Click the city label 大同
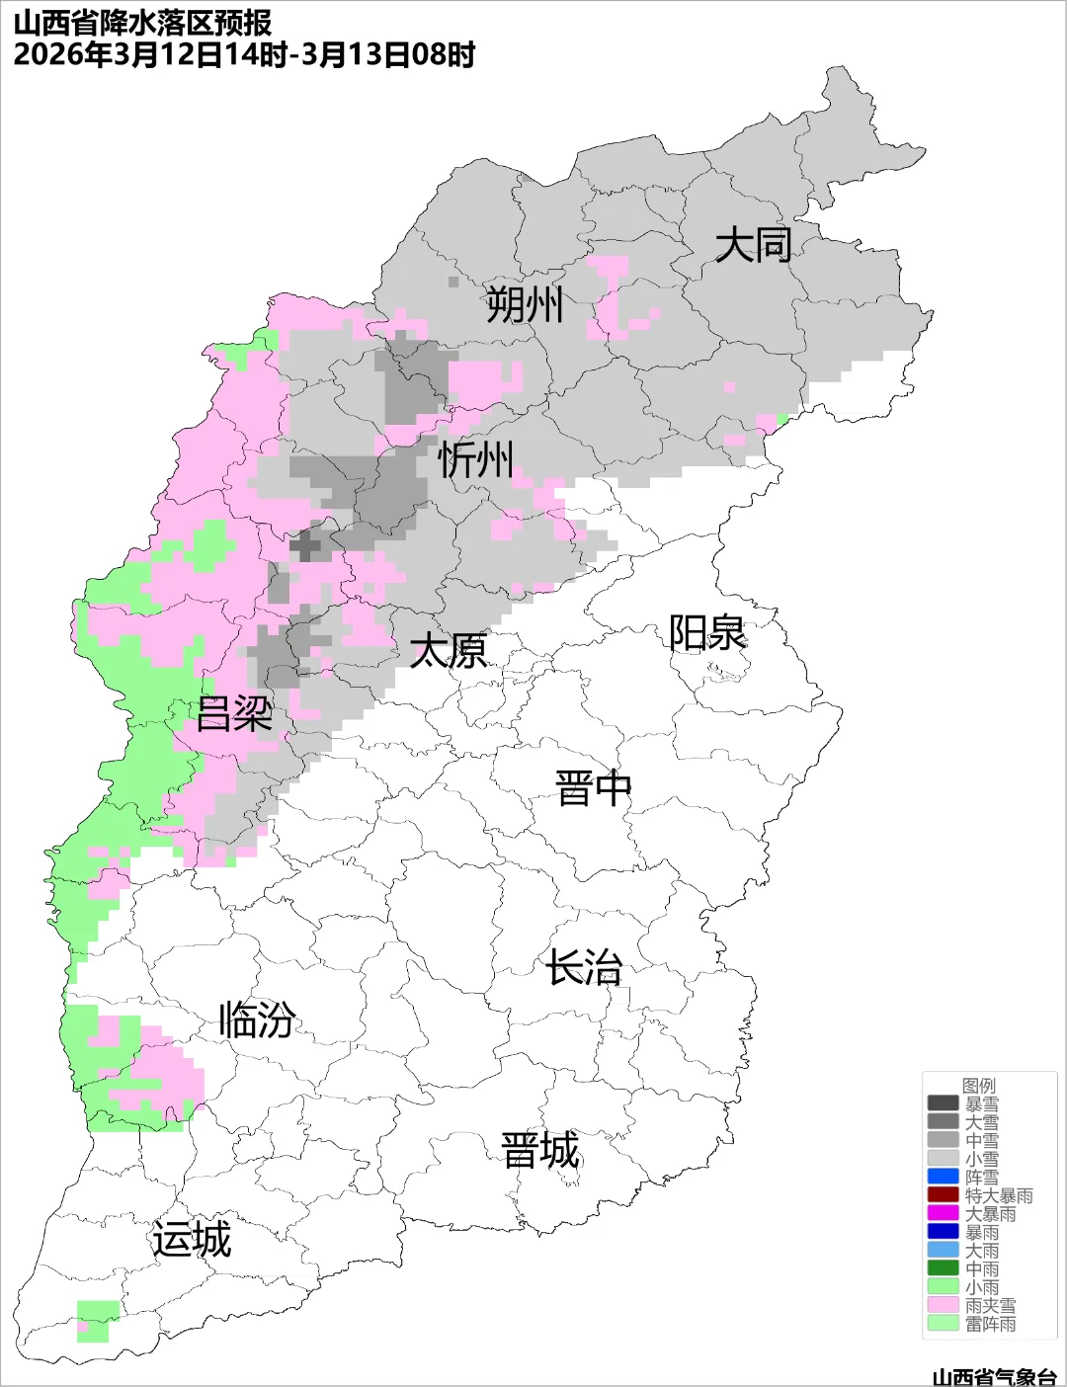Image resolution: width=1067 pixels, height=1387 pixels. [x=753, y=244]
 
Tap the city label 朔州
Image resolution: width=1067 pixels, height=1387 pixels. [x=525, y=304]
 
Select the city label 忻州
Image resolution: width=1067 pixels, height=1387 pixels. [x=476, y=460]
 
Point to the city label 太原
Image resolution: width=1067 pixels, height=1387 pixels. [x=449, y=651]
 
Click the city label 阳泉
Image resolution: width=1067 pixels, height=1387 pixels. [x=707, y=633]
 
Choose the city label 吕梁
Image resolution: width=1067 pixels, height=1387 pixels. [x=234, y=713]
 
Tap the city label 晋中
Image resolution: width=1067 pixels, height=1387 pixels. [x=593, y=789]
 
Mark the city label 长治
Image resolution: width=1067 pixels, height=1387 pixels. [x=585, y=967]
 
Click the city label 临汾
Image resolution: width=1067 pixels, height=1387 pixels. [x=257, y=1020]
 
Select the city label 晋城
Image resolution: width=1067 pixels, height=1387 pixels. [x=540, y=1151]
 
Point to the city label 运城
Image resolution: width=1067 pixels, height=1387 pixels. [x=192, y=1240]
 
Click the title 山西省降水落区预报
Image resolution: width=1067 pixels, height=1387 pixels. [x=142, y=23]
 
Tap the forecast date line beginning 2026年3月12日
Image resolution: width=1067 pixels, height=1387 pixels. [x=244, y=54]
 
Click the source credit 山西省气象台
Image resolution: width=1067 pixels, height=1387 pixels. [x=994, y=1376]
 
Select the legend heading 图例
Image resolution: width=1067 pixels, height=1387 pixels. [x=979, y=1086]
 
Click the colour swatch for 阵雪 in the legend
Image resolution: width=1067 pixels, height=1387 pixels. [x=943, y=1177]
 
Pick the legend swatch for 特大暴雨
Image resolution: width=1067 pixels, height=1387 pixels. [x=943, y=1195]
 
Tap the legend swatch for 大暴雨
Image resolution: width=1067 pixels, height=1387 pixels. [x=943, y=1213]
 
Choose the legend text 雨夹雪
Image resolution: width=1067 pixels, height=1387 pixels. [x=990, y=1305]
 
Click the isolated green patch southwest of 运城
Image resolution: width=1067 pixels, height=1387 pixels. [x=97, y=1321]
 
